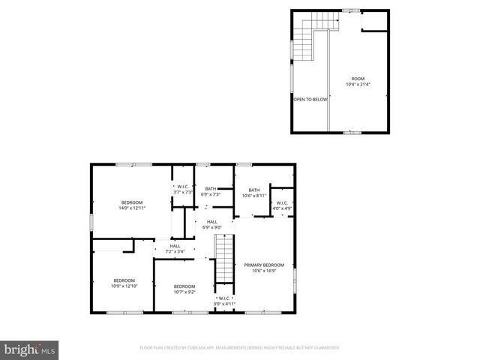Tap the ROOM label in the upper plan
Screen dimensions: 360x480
pos(357,79)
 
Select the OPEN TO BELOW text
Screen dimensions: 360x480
pos(309,99)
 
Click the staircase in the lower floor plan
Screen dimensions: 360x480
pos(224,258)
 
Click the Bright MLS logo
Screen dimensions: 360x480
pos(30,349)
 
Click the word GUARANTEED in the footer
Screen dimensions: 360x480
pos(324,348)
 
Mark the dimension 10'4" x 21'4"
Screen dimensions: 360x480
pos(358,84)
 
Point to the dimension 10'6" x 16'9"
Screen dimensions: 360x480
pos(263,271)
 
